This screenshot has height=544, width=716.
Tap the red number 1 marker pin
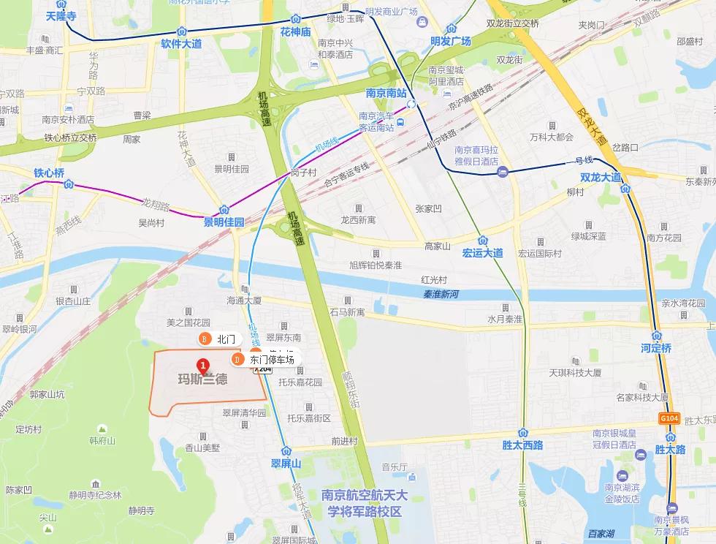[202, 365]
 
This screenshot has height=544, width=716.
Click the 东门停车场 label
[272, 360]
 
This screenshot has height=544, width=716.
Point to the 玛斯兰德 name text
[202, 379]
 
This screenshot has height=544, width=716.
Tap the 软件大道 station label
[181, 44]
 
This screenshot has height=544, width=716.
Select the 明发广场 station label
[450, 41]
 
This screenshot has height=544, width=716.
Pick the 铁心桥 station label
[49, 173]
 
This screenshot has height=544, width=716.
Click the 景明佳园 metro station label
[224, 222]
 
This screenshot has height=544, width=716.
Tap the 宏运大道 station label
[483, 253]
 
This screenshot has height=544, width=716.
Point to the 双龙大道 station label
[600, 178]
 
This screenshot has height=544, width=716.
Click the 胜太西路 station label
[523, 445]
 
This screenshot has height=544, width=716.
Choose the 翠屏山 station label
[286, 463]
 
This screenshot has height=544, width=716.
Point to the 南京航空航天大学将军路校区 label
[362, 504]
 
